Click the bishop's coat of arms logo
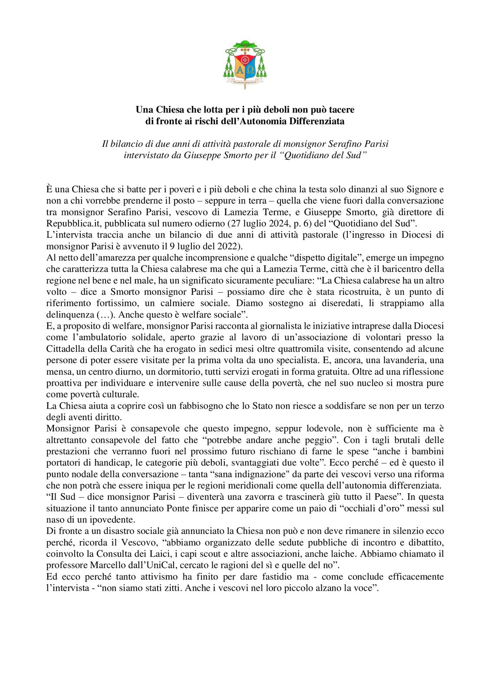click(x=245, y=64)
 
